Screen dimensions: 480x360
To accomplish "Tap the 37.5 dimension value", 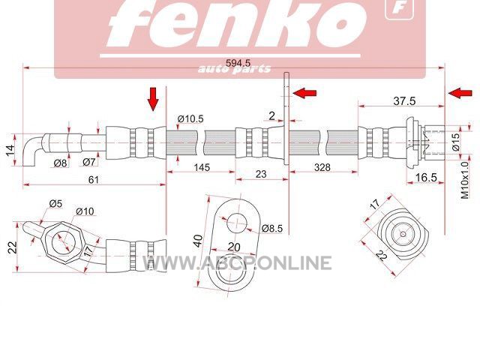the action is pyautogui.click(x=404, y=100).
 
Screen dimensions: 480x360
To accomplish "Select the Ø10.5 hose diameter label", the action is pyautogui.click(x=190, y=118).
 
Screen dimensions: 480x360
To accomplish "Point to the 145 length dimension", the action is pyautogui.click(x=202, y=167).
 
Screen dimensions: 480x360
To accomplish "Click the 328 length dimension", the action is pyautogui.click(x=322, y=167).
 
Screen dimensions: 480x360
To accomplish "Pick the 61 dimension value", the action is pyautogui.click(x=93, y=180).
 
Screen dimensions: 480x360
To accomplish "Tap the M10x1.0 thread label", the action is pyautogui.click(x=465, y=181).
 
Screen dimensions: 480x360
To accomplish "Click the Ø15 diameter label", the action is pyautogui.click(x=456, y=142).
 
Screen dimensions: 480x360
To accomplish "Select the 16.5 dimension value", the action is pyautogui.click(x=426, y=177).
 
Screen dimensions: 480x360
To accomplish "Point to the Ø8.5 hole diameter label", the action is pyautogui.click(x=272, y=228).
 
